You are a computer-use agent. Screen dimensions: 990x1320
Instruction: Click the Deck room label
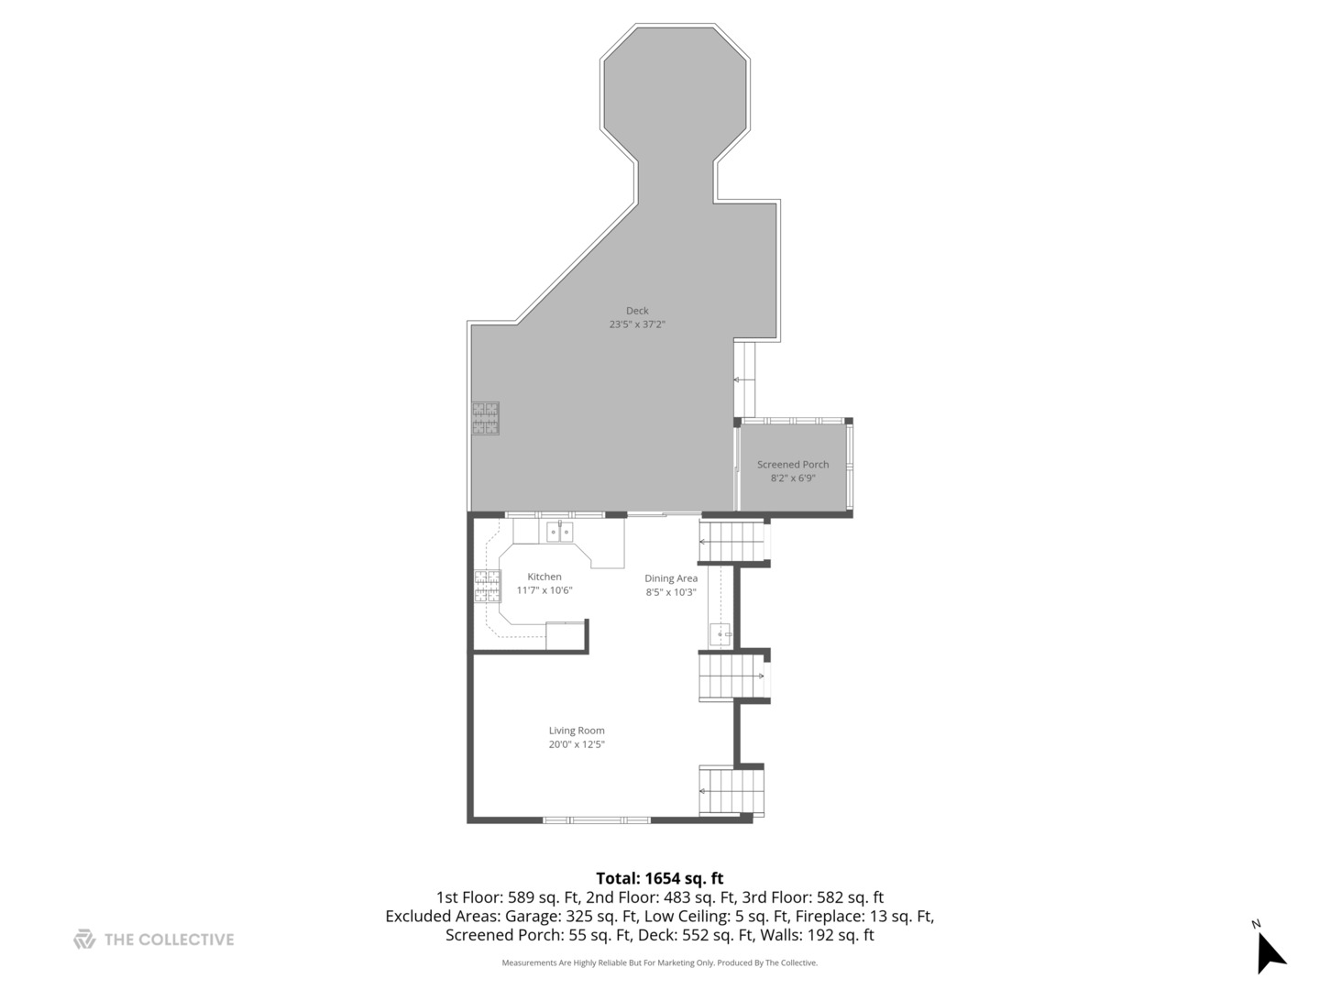(x=637, y=311)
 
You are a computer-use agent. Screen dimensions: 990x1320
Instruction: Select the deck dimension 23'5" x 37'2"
(x=637, y=324)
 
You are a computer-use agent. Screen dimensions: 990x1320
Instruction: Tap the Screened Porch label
(x=793, y=465)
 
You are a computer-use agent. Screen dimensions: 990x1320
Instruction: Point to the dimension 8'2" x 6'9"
(x=793, y=478)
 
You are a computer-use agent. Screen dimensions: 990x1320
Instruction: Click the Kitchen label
(x=544, y=577)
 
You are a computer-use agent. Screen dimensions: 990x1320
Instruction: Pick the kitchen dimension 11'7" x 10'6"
(x=544, y=590)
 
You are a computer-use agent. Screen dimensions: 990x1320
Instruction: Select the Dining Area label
(x=671, y=578)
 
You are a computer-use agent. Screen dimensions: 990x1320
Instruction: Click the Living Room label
(x=577, y=731)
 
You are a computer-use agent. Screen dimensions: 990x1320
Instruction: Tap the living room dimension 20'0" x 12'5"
(x=577, y=744)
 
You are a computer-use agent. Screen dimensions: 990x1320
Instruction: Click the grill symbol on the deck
(x=486, y=419)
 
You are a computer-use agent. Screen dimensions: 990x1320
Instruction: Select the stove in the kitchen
(x=488, y=586)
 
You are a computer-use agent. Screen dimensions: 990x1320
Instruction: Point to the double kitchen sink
(x=559, y=533)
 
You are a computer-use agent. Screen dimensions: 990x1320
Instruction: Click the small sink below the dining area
(x=720, y=633)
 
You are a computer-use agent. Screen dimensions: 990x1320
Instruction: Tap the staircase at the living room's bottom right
(x=731, y=791)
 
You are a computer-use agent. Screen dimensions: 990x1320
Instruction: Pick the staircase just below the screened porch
(x=731, y=541)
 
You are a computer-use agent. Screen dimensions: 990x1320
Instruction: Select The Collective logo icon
(x=84, y=939)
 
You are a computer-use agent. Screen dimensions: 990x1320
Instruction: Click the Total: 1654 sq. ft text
(x=660, y=878)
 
